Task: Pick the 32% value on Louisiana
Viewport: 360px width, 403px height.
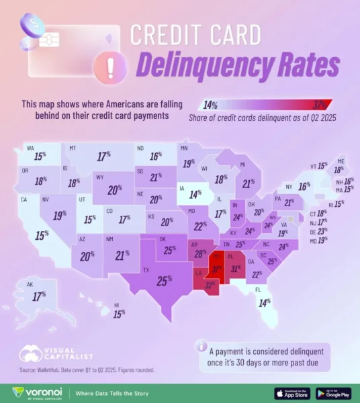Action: click(x=210, y=285)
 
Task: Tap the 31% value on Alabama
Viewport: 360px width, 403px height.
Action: click(x=235, y=269)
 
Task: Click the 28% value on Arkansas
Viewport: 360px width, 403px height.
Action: click(x=199, y=254)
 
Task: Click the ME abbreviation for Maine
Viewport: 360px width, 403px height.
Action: click(x=341, y=162)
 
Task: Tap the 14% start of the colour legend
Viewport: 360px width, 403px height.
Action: click(x=210, y=105)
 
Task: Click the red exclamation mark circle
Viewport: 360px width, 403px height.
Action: click(x=102, y=66)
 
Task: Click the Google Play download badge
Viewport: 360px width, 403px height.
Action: click(x=333, y=392)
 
